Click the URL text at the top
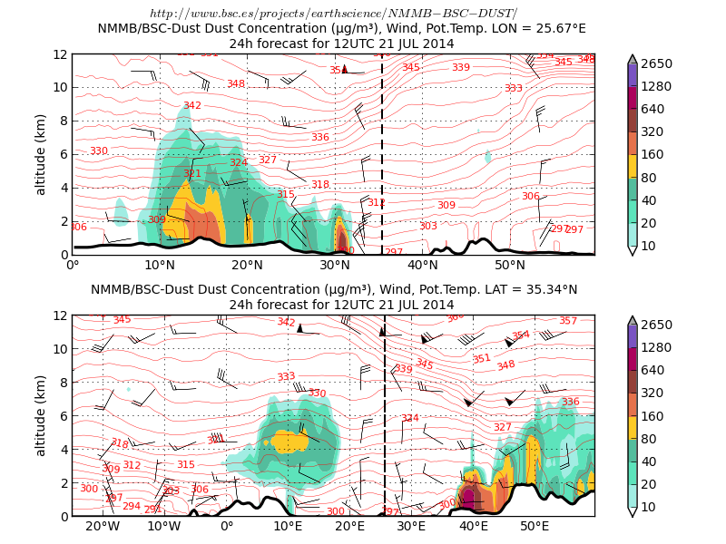(333, 13)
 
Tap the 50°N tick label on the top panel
(510, 266)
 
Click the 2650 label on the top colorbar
(658, 63)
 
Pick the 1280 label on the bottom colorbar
(658, 347)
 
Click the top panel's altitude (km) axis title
(41, 154)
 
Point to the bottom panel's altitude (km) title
(41, 415)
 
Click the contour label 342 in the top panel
(192, 106)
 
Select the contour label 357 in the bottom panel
(568, 321)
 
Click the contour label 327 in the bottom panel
(502, 427)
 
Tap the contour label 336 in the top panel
(319, 138)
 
